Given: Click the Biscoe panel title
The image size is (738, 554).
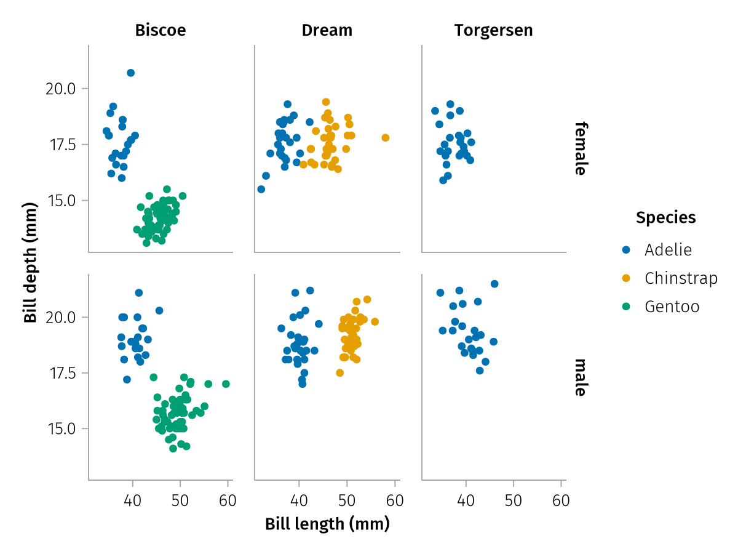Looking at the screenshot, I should pyautogui.click(x=161, y=30).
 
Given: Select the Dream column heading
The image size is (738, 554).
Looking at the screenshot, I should pyautogui.click(x=327, y=30).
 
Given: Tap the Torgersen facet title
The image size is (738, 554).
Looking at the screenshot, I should pyautogui.click(x=493, y=30).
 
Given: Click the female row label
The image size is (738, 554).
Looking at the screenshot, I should pyautogui.click(x=579, y=148).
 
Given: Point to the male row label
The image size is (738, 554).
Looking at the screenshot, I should pyautogui.click(x=579, y=377).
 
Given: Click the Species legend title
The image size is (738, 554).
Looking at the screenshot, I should pyautogui.click(x=666, y=217).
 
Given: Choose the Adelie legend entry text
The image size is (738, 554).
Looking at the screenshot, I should pyautogui.click(x=668, y=249).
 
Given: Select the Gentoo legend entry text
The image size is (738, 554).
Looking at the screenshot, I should pyautogui.click(x=672, y=307).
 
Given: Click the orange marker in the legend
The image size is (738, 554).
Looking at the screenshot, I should pyautogui.click(x=627, y=278).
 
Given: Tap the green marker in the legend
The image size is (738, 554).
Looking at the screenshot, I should pyautogui.click(x=627, y=307).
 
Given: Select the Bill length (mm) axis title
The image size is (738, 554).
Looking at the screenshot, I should pyautogui.click(x=327, y=524).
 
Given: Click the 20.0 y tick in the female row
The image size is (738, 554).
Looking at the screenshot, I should pyautogui.click(x=60, y=89).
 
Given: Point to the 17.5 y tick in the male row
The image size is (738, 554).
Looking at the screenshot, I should pyautogui.click(x=60, y=373).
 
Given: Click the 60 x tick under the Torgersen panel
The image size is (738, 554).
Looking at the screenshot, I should pyautogui.click(x=561, y=501).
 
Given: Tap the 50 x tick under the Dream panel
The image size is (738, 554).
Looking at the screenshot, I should pyautogui.click(x=347, y=501).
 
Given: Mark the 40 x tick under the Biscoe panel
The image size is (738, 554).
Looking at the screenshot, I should pyautogui.click(x=132, y=501).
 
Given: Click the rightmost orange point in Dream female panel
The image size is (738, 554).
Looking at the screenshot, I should pyautogui.click(x=386, y=137).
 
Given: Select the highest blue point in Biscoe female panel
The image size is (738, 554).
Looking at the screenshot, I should pyautogui.click(x=130, y=73).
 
